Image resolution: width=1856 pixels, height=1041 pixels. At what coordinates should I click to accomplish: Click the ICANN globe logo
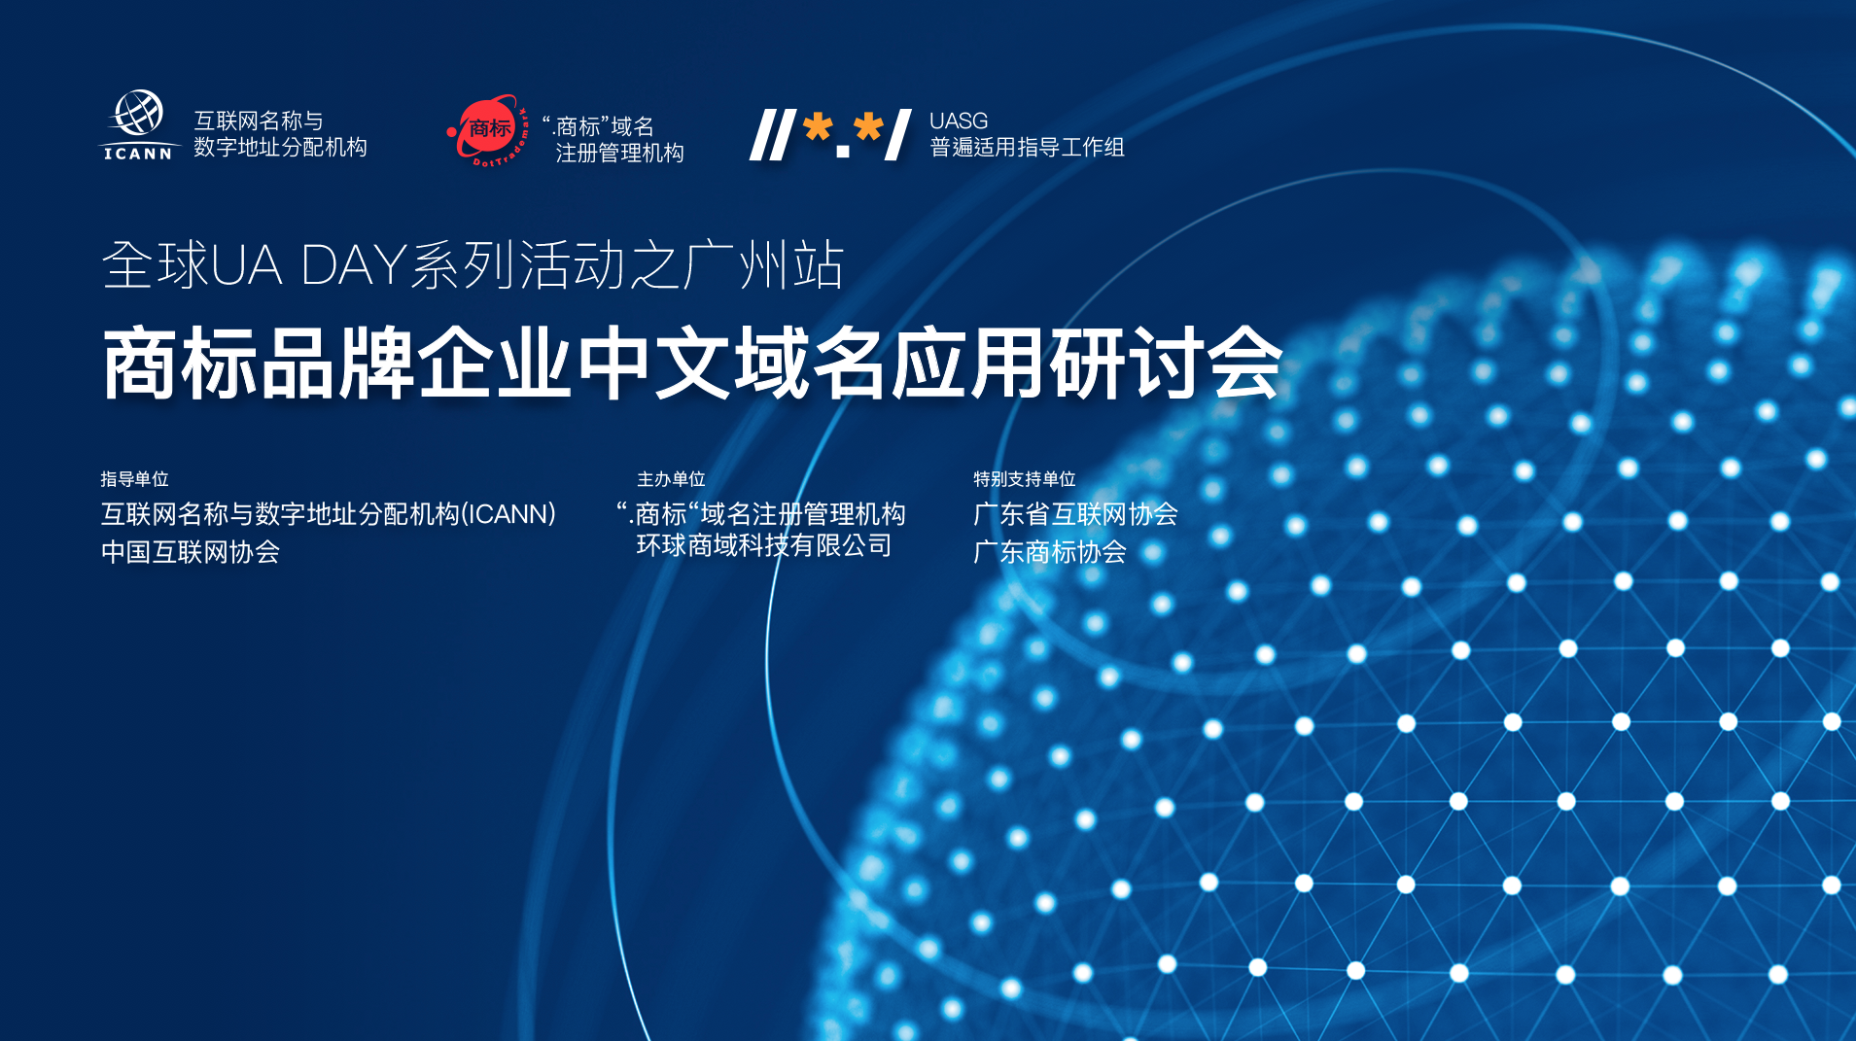coord(139,124)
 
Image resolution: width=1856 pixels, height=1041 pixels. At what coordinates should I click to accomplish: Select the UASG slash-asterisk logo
coord(830,134)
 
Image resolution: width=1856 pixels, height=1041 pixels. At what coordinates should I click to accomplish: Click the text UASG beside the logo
coord(959,121)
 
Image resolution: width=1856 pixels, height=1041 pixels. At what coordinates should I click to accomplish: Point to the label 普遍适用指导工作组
coord(1028,147)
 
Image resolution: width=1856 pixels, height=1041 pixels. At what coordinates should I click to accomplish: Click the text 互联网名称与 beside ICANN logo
coord(259,121)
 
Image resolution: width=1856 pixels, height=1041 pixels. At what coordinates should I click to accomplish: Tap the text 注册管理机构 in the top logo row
coord(619,153)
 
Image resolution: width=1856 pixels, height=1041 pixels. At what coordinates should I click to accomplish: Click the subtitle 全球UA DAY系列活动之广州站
coord(473,264)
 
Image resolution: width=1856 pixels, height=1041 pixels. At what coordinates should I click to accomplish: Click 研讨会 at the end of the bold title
coord(1167,364)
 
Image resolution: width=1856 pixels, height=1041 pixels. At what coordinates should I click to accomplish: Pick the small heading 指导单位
coord(135,479)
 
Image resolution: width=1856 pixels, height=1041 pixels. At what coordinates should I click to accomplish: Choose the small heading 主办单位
coord(671,479)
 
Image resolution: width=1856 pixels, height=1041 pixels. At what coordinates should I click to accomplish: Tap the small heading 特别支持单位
coord(1025,479)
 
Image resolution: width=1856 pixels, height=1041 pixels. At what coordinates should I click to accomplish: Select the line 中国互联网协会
coord(191,552)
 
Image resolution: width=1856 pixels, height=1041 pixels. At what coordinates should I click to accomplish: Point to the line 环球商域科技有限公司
coord(764,545)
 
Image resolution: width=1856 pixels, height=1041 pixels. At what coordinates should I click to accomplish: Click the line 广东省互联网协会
coord(1076,514)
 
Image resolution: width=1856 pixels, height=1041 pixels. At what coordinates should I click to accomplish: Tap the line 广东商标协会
coord(1050,552)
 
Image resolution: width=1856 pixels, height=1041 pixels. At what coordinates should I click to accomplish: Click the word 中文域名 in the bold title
coord(733,364)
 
